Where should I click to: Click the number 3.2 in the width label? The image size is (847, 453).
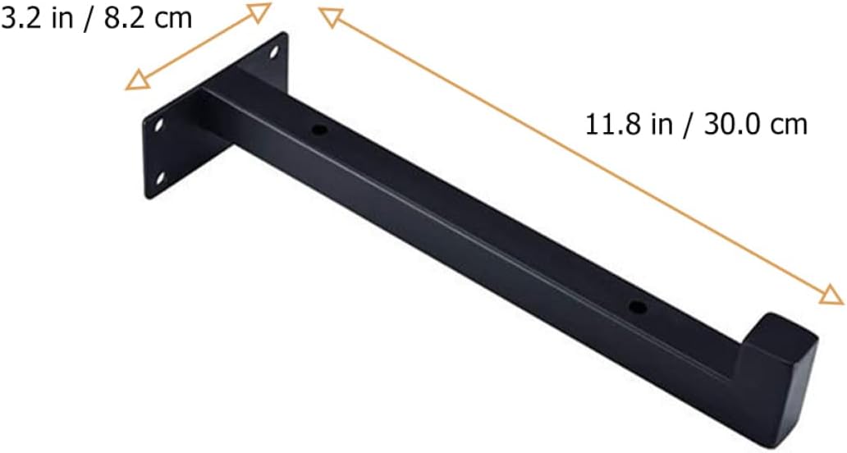[x=19, y=18]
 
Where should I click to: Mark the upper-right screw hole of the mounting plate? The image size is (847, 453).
[x=274, y=52]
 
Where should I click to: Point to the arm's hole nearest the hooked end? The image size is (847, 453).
[x=635, y=308]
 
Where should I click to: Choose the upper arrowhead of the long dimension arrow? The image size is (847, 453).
[x=330, y=16]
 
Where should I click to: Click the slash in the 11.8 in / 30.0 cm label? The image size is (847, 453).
[x=684, y=125]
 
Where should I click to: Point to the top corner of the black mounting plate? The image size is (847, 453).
[x=286, y=33]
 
